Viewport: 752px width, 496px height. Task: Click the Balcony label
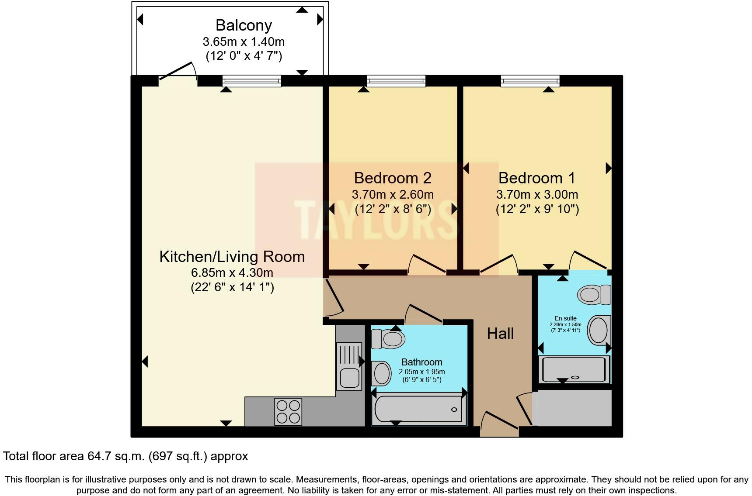(x=244, y=25)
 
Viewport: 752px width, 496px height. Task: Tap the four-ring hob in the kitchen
(x=288, y=412)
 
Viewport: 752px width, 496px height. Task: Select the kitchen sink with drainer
(x=349, y=366)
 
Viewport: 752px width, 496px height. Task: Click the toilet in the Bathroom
(x=388, y=339)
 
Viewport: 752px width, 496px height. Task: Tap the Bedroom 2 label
(x=392, y=178)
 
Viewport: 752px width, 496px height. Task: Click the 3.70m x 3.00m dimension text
(x=537, y=195)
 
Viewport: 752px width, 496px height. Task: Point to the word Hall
(x=500, y=334)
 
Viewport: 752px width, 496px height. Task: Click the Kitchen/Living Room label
(x=232, y=257)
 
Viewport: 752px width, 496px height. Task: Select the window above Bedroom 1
(x=530, y=81)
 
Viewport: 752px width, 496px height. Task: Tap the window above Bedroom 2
(x=396, y=81)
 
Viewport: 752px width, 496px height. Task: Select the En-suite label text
(x=565, y=318)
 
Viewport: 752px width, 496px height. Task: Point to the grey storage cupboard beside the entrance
(x=574, y=408)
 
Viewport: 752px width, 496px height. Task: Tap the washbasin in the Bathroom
(x=382, y=373)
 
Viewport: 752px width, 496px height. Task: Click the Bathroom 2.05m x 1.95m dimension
(x=421, y=372)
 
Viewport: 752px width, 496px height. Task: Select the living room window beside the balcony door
(x=251, y=81)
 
